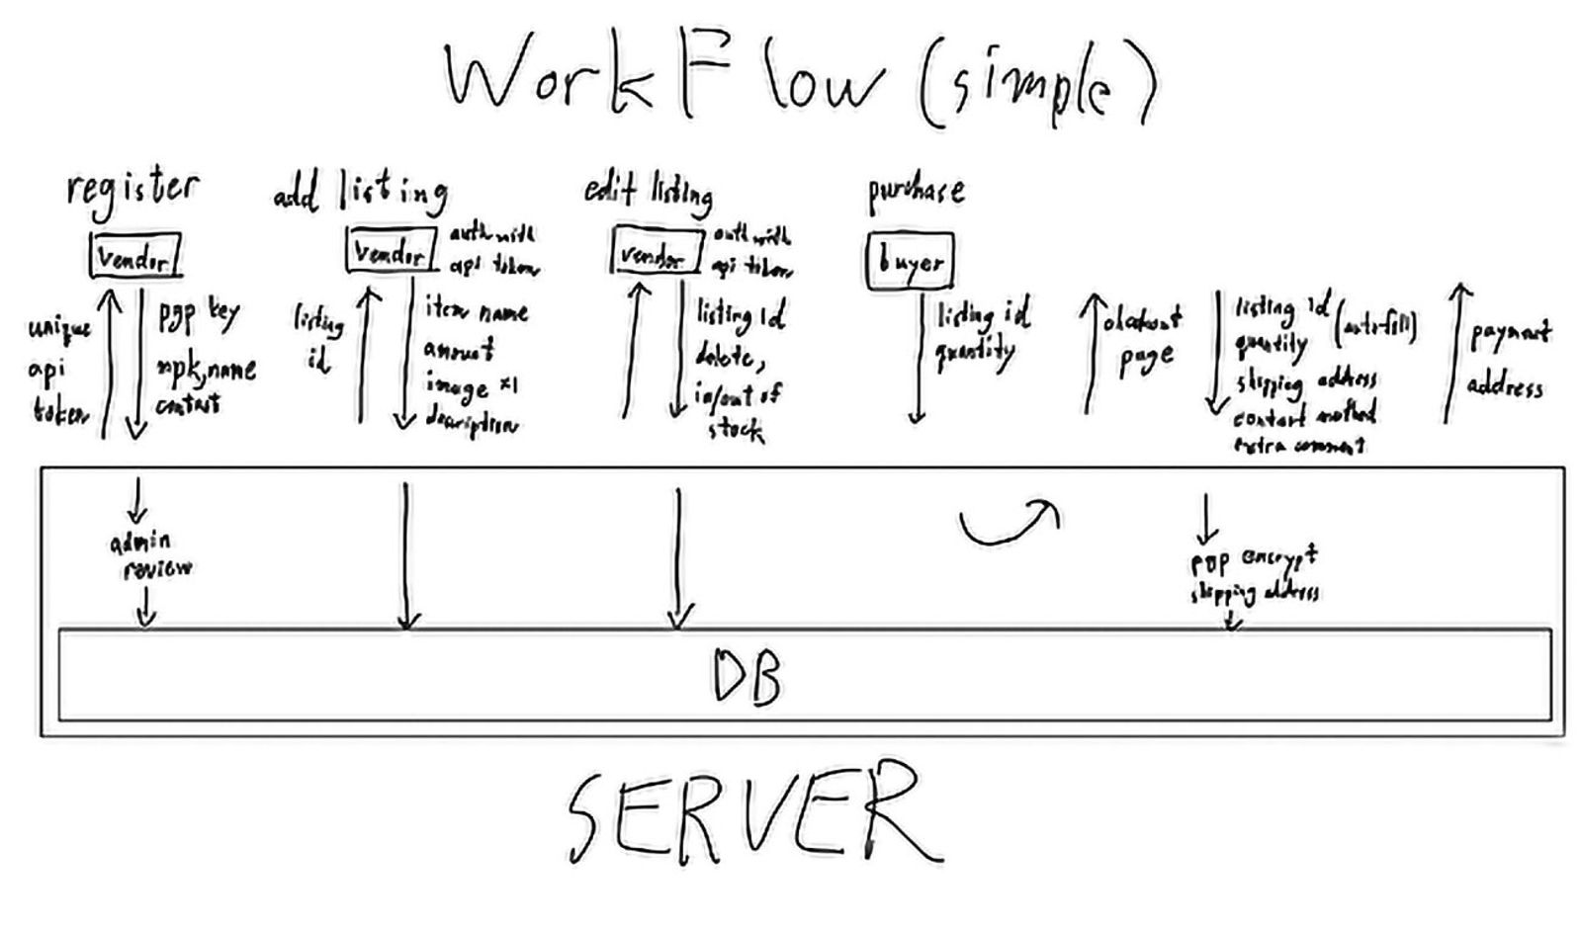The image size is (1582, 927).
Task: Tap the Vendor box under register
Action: point(135,257)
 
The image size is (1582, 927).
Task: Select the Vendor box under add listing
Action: point(391,251)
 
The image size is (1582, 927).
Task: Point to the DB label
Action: point(747,676)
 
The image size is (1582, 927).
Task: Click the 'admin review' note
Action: point(151,554)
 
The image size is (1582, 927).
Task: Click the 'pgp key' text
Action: point(199,315)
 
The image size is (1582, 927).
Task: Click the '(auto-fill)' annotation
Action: point(1375,325)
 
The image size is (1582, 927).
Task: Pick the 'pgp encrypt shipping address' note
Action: point(1254,575)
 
